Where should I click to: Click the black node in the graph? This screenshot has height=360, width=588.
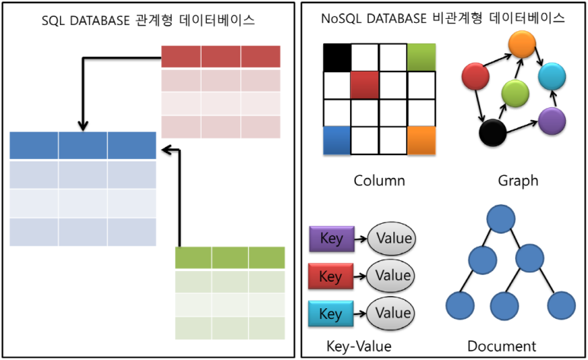pyautogui.click(x=494, y=133)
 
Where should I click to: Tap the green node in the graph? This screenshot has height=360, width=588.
pyautogui.click(x=515, y=94)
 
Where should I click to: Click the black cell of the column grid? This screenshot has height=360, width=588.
pyautogui.click(x=337, y=57)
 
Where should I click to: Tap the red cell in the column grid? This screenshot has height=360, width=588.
pyautogui.click(x=365, y=85)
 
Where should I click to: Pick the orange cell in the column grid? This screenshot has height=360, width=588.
pyautogui.click(x=421, y=140)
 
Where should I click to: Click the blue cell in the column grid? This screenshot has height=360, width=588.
pyautogui.click(x=337, y=140)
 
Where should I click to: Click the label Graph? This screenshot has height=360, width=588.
pyautogui.click(x=518, y=180)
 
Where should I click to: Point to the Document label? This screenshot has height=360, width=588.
pyautogui.click(x=501, y=346)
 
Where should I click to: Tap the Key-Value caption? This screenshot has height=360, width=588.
pyautogui.click(x=358, y=346)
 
